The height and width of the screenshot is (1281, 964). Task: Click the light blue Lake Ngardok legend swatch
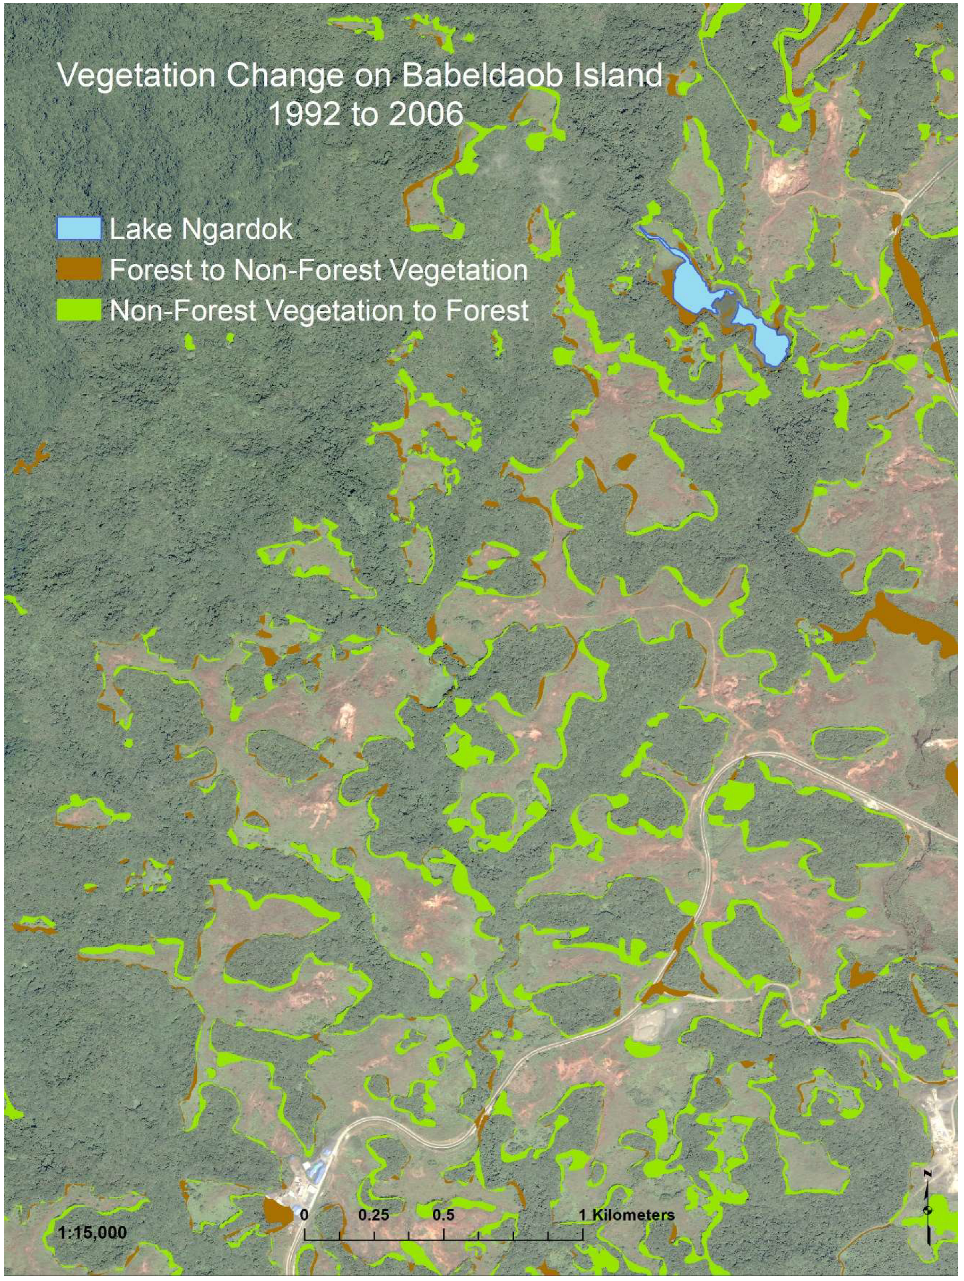click(80, 229)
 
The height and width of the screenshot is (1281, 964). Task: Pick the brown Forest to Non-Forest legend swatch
click(80, 269)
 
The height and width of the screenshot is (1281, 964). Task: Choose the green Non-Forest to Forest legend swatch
click(80, 310)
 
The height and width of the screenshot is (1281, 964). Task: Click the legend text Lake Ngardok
click(201, 229)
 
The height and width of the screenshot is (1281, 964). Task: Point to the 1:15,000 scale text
click(92, 1232)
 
